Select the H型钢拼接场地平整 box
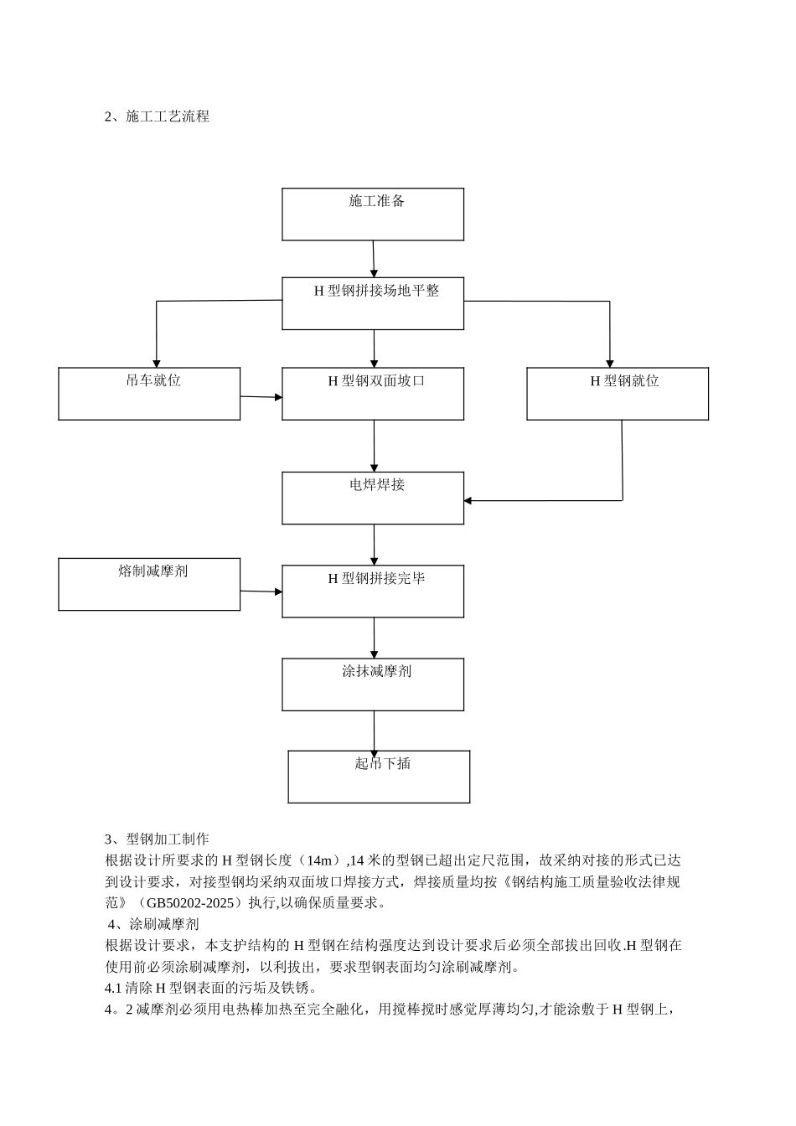click(373, 303)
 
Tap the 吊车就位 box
click(149, 394)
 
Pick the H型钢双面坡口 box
click(373, 394)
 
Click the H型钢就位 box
click(618, 394)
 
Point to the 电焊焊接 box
click(373, 498)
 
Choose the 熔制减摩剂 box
click(149, 585)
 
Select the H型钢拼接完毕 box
click(373, 591)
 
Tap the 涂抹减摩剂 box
click(373, 684)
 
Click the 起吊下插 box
click(379, 777)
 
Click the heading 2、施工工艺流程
click(157, 117)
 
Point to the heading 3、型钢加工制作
click(157, 839)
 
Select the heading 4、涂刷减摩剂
click(153, 925)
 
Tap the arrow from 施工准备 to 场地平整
click(374, 259)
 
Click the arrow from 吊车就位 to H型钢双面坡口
click(261, 397)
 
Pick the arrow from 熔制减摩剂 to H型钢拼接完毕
click(261, 591)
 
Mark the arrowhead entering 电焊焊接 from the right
click(468, 501)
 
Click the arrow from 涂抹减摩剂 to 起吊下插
click(374, 731)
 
